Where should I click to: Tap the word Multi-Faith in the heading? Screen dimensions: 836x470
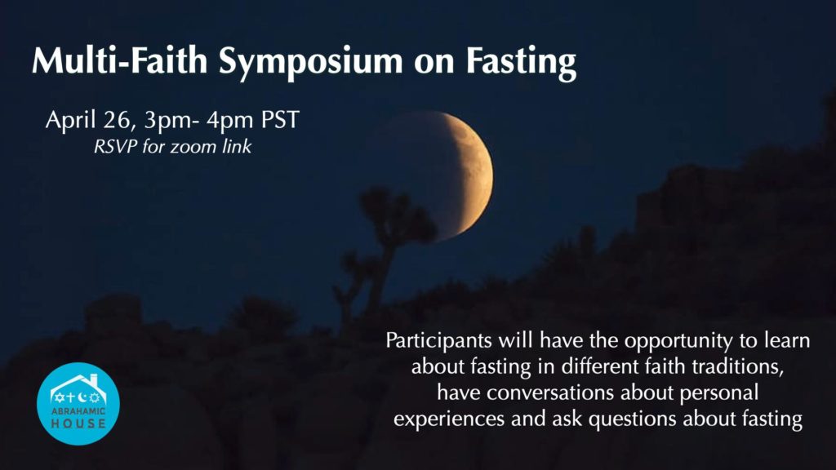[119, 60]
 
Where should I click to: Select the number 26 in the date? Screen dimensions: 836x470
[116, 119]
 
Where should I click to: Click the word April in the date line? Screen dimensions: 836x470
[72, 121]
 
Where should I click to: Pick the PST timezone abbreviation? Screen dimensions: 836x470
[280, 119]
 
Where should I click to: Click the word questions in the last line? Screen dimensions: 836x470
[633, 420]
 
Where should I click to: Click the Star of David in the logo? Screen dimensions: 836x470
[59, 397]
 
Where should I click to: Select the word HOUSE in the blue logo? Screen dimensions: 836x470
[78, 423]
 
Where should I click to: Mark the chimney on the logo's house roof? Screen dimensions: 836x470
[95, 381]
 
